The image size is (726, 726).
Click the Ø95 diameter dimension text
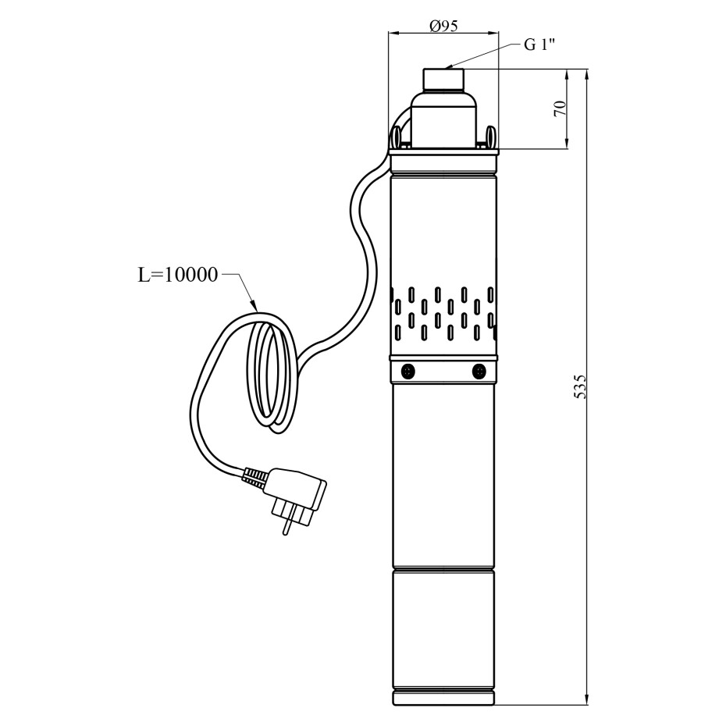[x=443, y=27]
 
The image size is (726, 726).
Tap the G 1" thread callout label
[x=539, y=45]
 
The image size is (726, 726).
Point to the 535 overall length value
[x=580, y=386]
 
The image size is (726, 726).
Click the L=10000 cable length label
[x=178, y=275]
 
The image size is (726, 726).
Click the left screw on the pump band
[x=408, y=371]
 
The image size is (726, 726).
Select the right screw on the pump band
[x=479, y=371]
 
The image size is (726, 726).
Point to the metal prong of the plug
[x=287, y=525]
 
